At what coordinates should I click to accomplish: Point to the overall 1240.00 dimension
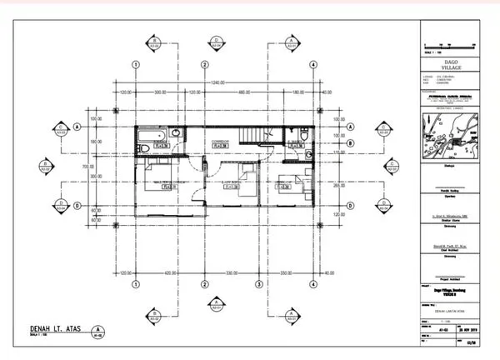tap(218, 82)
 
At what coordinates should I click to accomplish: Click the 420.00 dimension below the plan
tap(168, 272)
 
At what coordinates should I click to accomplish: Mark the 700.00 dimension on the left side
tap(96, 167)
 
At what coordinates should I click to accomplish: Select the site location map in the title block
tap(451, 137)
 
